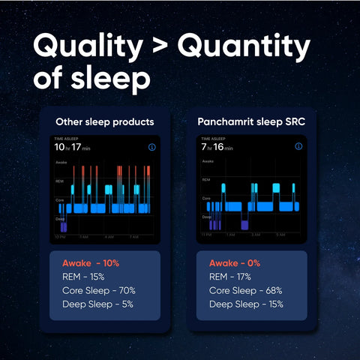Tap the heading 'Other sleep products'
[x=105, y=121]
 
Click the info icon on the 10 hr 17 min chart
[x=152, y=148]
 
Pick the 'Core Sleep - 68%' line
[x=243, y=290]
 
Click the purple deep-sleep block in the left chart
[x=64, y=226]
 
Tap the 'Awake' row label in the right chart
[x=208, y=162]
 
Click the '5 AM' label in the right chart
[x=280, y=235]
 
